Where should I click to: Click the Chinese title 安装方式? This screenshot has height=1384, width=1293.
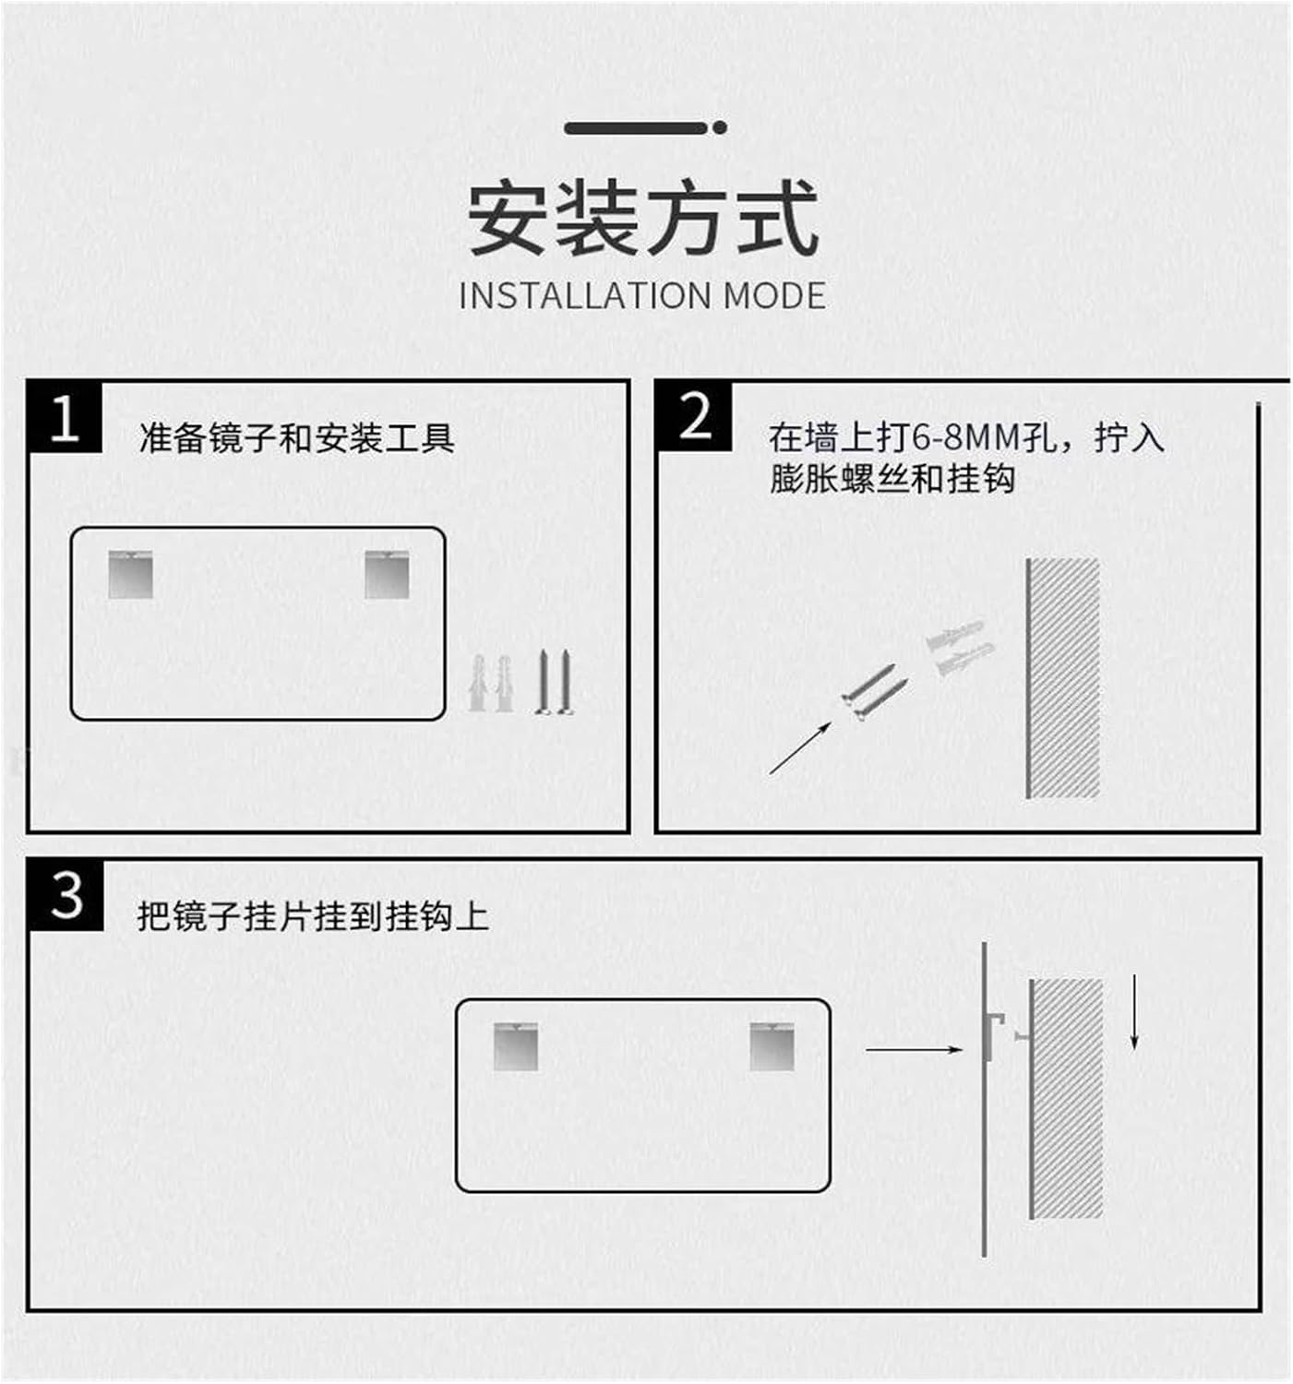coord(643,219)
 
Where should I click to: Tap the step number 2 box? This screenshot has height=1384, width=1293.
coord(695,417)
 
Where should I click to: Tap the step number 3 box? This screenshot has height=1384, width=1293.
coord(66,895)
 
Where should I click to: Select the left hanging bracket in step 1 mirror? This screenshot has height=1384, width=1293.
coord(130,575)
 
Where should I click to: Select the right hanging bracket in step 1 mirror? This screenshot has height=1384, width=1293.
coord(387,575)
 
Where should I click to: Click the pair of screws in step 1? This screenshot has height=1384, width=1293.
coord(554,683)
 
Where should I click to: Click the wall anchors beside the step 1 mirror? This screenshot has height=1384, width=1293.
coord(490,684)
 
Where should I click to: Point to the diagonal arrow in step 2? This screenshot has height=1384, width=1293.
coord(799,747)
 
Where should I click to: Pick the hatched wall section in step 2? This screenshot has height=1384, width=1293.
coord(1063,678)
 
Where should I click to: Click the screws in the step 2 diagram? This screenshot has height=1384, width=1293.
coord(873,692)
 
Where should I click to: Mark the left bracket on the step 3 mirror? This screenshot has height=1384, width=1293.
coord(515,1046)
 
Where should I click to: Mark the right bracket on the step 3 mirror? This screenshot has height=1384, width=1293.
coord(772,1046)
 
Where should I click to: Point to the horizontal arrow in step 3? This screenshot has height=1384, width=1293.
coord(914,1049)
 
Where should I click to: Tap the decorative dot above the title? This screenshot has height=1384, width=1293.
coord(719,128)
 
